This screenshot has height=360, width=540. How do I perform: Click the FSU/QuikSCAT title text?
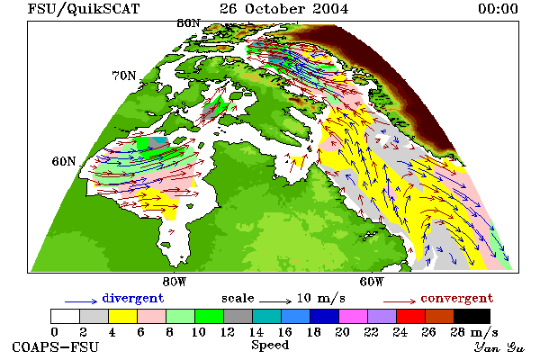click(x=84, y=9)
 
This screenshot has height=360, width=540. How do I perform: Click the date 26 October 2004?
click(x=284, y=9)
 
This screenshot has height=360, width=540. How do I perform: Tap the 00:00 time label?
click(x=498, y=9)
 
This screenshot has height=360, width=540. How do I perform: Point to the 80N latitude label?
click(x=188, y=23)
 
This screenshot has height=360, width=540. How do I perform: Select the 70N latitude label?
click(x=124, y=76)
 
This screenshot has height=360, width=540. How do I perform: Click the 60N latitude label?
click(x=64, y=161)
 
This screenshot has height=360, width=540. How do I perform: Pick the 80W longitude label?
click(x=175, y=282)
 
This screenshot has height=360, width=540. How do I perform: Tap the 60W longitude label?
click(x=372, y=282)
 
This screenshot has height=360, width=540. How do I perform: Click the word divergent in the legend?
click(x=133, y=299)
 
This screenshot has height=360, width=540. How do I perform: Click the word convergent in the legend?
click(x=457, y=298)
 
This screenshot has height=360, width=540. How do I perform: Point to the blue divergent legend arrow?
click(x=81, y=301)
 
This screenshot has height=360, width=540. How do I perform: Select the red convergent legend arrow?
click(x=400, y=301)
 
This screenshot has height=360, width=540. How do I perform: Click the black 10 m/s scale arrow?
click(x=275, y=301)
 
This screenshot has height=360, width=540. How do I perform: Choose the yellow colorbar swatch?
click(x=123, y=316)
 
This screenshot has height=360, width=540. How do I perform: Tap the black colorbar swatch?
click(x=472, y=316)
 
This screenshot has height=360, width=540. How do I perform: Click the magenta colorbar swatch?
click(x=354, y=316)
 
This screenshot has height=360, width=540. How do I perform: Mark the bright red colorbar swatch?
click(x=411, y=316)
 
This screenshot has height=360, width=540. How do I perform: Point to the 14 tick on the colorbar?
click(x=256, y=332)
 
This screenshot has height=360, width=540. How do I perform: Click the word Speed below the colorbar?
click(x=270, y=346)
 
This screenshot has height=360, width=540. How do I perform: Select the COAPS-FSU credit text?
click(x=56, y=346)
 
